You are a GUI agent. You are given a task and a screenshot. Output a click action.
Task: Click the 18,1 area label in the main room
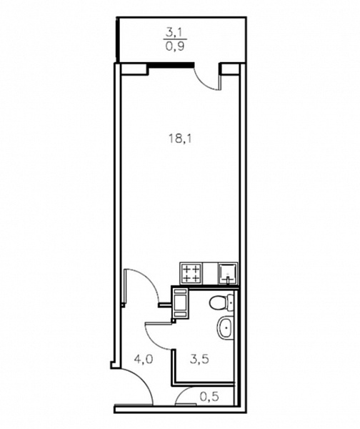(181, 139)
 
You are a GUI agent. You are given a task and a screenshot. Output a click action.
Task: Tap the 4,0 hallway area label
(143, 359)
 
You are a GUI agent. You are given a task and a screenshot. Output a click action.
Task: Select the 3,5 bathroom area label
(199, 359)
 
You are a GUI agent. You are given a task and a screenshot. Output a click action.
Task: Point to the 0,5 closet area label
(209, 396)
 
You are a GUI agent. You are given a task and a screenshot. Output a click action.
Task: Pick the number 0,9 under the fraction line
(175, 46)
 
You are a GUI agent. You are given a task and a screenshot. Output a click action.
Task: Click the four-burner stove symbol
(191, 274)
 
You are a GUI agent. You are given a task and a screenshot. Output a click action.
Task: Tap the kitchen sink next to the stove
(228, 274)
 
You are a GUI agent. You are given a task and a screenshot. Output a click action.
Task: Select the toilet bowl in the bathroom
(218, 303)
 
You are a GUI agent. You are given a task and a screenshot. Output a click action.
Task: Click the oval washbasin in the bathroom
(226, 327)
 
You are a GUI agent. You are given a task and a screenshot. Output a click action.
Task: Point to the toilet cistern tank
(230, 303)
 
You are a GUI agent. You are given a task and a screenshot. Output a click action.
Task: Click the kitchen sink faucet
(228, 280)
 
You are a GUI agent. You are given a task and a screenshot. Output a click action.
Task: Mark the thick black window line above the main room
(171, 65)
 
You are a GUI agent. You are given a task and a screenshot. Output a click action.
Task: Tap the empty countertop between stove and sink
(210, 274)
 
